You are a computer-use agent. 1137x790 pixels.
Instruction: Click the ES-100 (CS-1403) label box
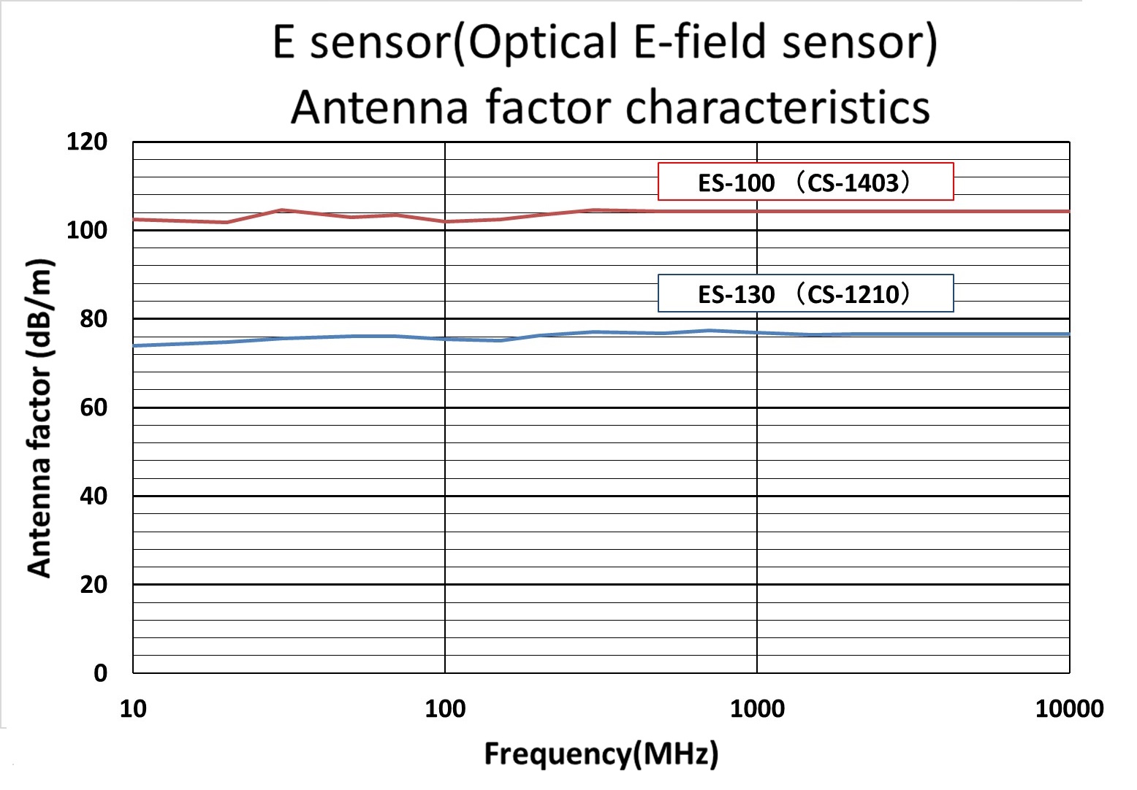point(805,182)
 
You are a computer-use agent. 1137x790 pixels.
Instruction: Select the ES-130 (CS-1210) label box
point(805,294)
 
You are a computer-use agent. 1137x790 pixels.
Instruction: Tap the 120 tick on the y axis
point(87,142)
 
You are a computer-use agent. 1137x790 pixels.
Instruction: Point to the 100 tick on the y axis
point(87,231)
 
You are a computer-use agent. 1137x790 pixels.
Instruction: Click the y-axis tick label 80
point(93,319)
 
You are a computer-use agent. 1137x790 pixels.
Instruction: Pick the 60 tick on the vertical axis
point(93,407)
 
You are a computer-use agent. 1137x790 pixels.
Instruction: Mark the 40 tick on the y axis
point(93,496)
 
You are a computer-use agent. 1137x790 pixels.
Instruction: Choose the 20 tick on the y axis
point(93,585)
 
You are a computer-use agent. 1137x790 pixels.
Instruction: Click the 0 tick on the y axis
point(100,673)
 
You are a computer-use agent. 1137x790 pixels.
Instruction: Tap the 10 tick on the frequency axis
point(133,708)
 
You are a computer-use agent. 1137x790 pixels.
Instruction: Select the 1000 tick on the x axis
point(757,708)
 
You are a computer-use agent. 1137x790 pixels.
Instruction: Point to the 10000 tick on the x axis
point(1069,708)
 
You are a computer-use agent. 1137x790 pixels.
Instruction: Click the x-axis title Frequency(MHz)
point(601,753)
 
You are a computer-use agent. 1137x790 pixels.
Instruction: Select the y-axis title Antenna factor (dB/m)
point(39,418)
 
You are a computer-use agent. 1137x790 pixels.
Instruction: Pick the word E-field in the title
point(701,42)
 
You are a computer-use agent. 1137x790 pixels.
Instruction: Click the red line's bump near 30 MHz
point(282,210)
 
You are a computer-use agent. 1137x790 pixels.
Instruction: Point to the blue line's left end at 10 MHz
point(134,345)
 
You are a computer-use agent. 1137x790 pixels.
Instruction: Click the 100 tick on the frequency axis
point(445,708)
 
